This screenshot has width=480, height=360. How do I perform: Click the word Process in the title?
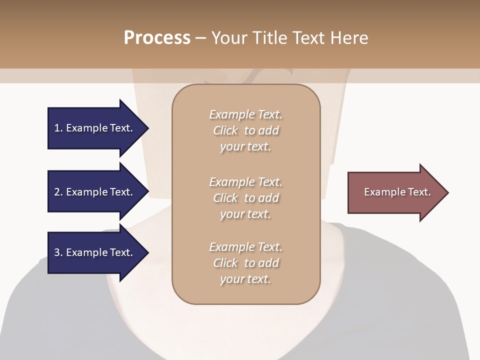point(157,38)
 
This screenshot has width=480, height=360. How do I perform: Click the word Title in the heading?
point(270,38)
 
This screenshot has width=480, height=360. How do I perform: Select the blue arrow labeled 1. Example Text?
point(95,128)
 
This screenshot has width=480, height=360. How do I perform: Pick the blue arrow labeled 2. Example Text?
point(95,192)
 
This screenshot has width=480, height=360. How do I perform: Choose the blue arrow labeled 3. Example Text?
point(95,252)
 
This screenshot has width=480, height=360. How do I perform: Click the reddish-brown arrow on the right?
point(395,192)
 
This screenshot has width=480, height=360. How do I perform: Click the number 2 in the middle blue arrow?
point(57,192)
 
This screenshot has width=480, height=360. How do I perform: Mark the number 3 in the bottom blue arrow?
point(57,252)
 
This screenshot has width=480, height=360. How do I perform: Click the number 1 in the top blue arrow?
point(57,128)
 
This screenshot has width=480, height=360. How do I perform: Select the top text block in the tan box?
point(245,130)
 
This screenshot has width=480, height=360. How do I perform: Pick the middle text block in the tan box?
point(245,198)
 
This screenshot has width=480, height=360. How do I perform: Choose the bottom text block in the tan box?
point(245,263)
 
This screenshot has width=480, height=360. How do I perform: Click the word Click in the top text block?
point(225,130)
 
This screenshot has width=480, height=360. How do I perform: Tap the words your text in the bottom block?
point(245,279)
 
